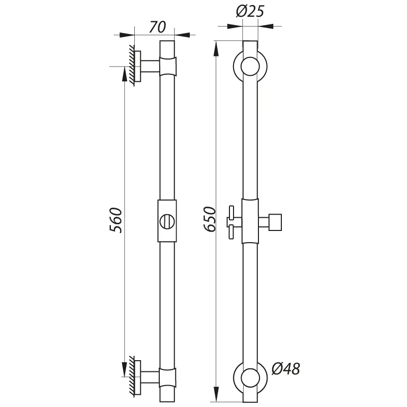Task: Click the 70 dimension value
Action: click(157, 27)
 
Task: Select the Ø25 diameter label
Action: click(250, 12)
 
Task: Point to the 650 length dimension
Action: click(210, 219)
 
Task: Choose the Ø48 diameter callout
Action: click(286, 368)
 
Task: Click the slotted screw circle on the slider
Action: click(167, 221)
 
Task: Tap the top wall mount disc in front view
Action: click(250, 67)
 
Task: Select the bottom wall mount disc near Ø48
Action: click(250, 377)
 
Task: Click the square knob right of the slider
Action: click(275, 222)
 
